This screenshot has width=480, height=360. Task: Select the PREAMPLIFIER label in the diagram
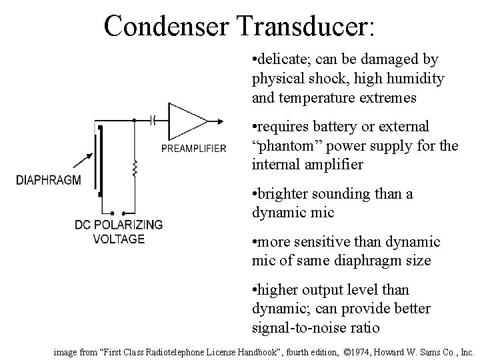click(193, 148)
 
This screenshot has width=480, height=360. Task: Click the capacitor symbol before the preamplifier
click(155, 121)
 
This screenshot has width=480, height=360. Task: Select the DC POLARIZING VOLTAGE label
click(118, 232)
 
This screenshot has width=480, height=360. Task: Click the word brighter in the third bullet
click(285, 194)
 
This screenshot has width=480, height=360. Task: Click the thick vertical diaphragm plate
click(100, 160)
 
